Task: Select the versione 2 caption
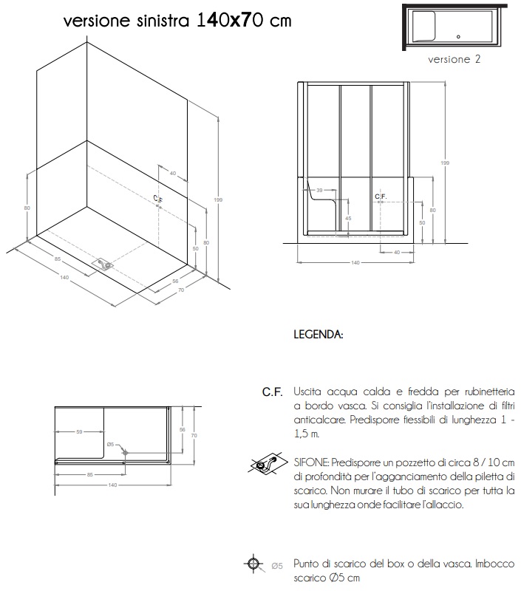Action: click(454, 59)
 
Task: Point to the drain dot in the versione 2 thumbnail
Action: click(458, 35)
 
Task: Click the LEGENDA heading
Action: click(318, 335)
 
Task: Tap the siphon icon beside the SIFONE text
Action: click(267, 464)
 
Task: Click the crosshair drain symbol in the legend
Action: click(253, 564)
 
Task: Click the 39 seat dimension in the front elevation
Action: click(320, 191)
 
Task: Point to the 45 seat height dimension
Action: click(347, 219)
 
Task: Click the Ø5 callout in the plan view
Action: click(110, 444)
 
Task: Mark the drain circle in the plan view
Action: click(126, 451)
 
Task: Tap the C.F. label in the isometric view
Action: click(157, 199)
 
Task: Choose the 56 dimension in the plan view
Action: click(182, 428)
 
